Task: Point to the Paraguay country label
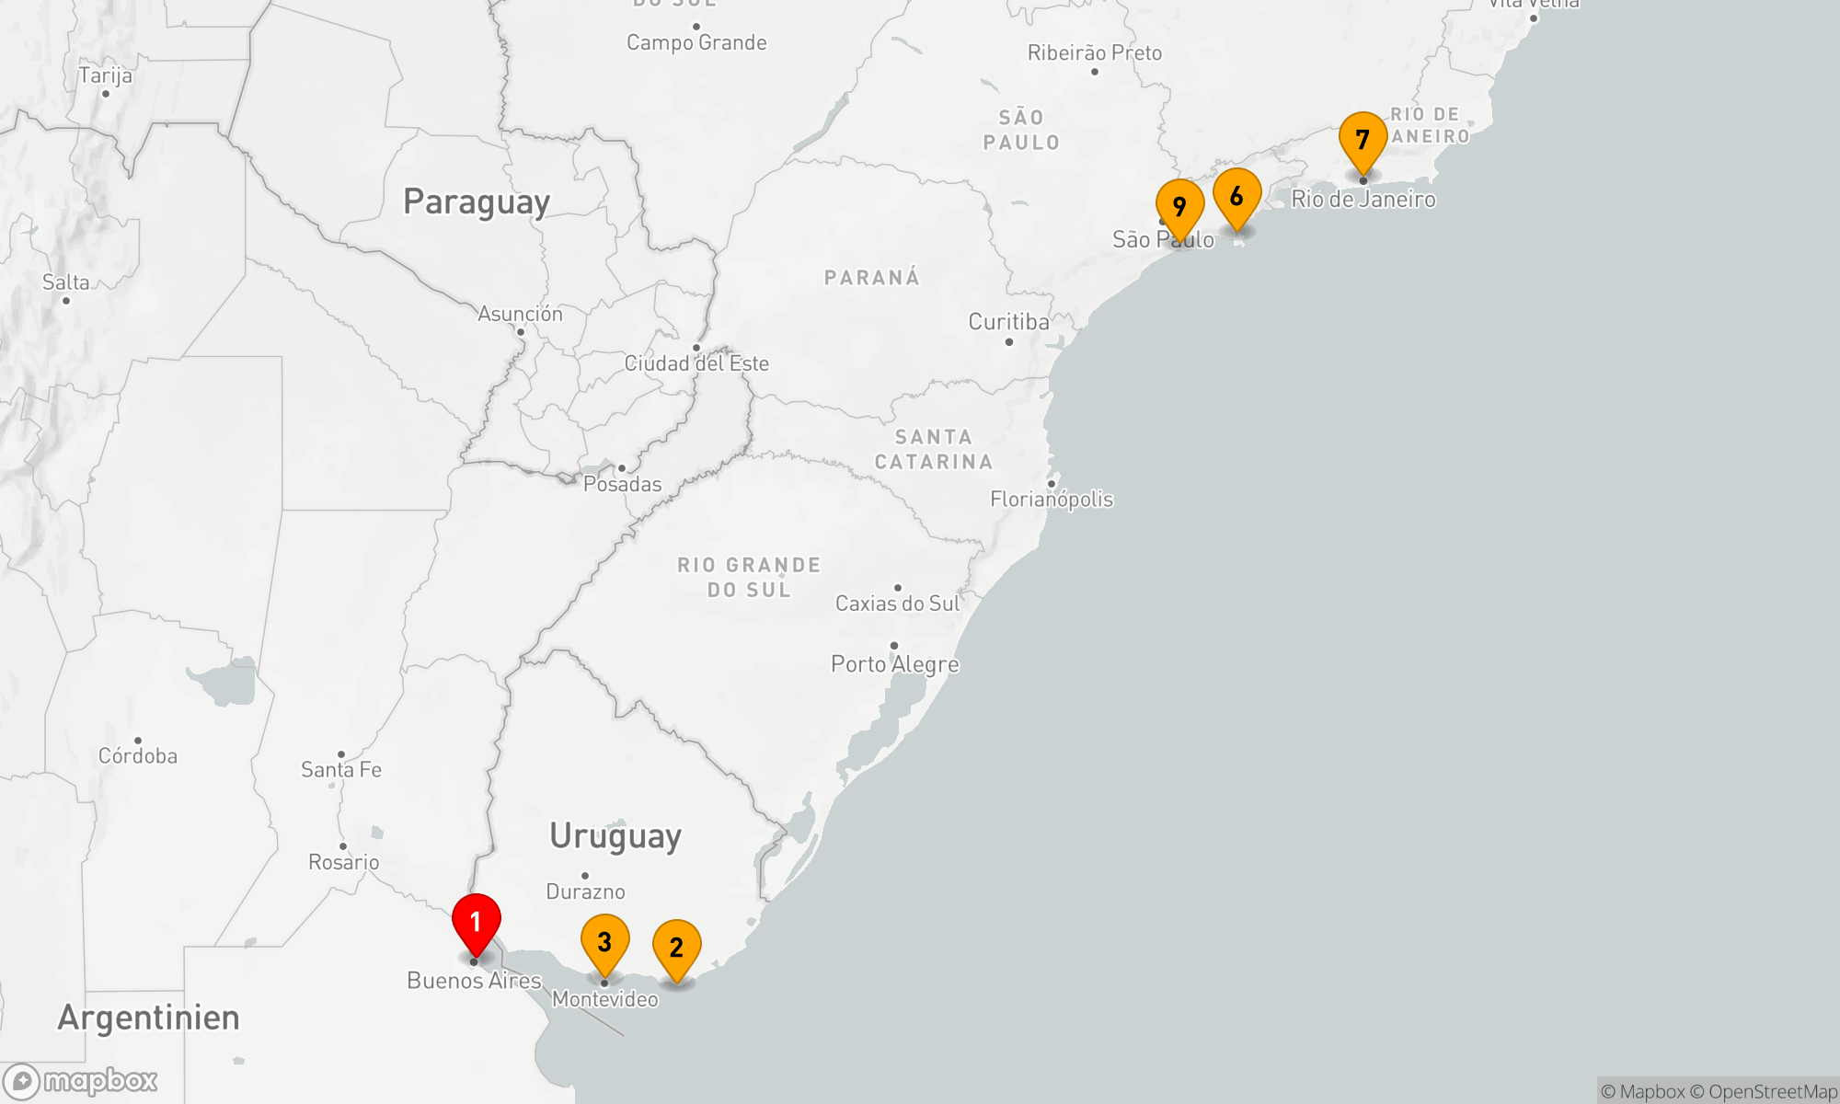click(477, 201)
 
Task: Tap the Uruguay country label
click(615, 836)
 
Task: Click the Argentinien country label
click(148, 1018)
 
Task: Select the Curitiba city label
click(1008, 322)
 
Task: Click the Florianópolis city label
click(1052, 500)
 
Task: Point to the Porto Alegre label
click(894, 664)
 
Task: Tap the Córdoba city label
click(138, 756)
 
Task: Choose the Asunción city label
click(520, 314)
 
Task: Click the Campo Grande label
click(696, 42)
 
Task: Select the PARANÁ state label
click(871, 278)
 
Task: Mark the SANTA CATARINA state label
click(933, 450)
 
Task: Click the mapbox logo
click(81, 1081)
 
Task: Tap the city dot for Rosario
click(343, 846)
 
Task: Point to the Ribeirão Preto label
click(1094, 53)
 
